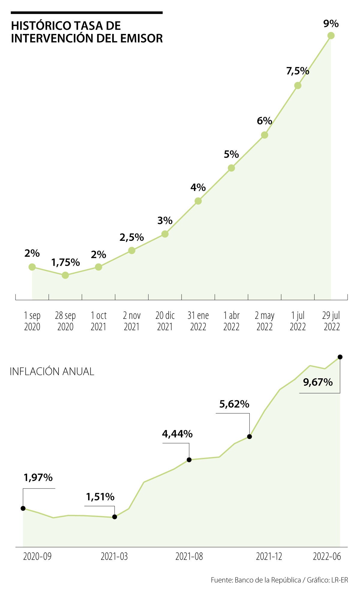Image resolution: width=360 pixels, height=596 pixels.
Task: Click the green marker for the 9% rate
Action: coord(331,36)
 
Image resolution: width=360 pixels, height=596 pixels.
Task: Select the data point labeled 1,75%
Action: coord(65,275)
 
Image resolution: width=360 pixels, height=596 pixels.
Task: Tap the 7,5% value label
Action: coord(298,71)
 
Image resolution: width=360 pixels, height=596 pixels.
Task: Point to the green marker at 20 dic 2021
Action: coord(165,234)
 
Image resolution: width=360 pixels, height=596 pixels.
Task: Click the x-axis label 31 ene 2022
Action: coord(198,321)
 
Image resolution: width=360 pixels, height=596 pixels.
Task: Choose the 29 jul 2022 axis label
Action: coord(331,321)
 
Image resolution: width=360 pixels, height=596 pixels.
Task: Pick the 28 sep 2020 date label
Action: coord(65,321)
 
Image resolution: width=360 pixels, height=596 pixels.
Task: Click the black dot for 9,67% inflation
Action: coord(340,357)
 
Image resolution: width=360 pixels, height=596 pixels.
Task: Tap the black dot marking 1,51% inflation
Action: coord(114,517)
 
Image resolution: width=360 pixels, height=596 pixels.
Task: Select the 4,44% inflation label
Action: coord(177,434)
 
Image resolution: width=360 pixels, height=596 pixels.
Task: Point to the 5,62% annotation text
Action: coord(234,404)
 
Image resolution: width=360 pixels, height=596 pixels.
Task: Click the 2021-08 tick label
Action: coord(189,557)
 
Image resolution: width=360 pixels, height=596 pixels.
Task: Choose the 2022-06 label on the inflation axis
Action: coord(327,557)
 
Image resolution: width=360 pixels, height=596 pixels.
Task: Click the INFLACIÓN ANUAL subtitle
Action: coord(52,371)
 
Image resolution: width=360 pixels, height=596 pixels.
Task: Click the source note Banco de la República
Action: coord(268,580)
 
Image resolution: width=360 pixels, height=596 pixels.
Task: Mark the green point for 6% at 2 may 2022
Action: coord(264,135)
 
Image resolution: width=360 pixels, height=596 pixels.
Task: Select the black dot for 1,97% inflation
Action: coord(23,508)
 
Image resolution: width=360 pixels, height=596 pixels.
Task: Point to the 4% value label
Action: coord(198,188)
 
